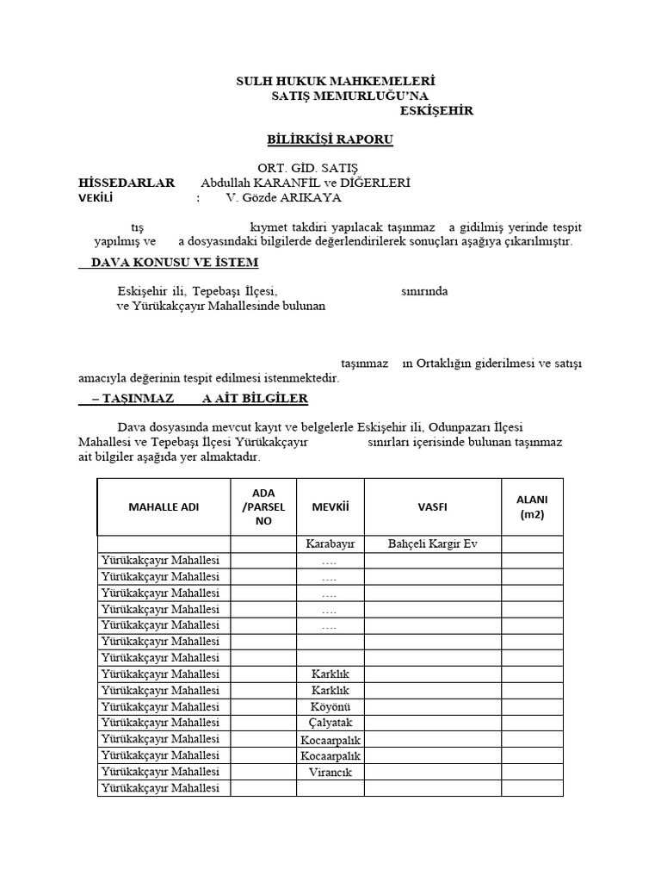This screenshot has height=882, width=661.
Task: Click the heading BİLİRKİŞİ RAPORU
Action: click(x=330, y=140)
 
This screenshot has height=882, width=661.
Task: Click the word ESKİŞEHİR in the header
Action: click(x=436, y=111)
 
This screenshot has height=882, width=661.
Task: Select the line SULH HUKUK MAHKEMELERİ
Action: click(x=330, y=81)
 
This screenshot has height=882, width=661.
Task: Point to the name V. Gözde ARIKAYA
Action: click(x=283, y=197)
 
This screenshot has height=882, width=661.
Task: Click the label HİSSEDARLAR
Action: click(x=127, y=183)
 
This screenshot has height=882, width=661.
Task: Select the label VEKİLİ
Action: click(x=96, y=197)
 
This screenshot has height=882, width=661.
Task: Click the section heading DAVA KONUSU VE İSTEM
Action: click(x=169, y=263)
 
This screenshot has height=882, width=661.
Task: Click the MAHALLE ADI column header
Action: click(x=164, y=506)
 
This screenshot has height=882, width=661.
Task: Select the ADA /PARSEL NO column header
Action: click(x=263, y=506)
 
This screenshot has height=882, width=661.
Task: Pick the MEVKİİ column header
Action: click(x=330, y=506)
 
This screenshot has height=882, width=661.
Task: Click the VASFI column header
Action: click(x=432, y=506)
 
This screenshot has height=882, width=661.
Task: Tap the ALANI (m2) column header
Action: click(x=532, y=506)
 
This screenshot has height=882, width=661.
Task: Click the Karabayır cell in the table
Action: click(x=330, y=544)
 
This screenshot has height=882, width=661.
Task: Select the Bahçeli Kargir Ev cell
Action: click(x=432, y=544)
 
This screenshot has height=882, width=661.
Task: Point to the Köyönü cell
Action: click(x=330, y=706)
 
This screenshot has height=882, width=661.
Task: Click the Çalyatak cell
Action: click(x=330, y=723)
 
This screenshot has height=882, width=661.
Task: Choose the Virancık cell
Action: click(x=330, y=772)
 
